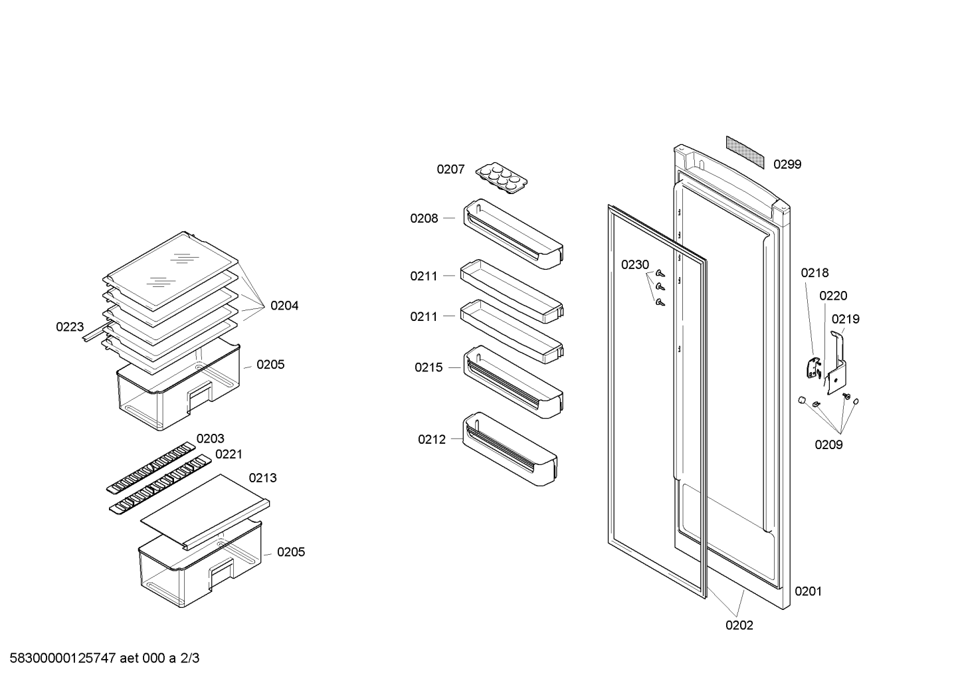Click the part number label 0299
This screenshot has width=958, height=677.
tap(787, 165)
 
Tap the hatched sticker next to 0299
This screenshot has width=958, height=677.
tap(745, 152)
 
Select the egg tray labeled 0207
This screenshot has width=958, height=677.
tap(501, 178)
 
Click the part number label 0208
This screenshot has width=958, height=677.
tap(424, 219)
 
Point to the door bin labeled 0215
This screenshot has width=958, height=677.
tap(513, 382)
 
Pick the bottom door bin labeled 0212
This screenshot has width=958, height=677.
tap(510, 449)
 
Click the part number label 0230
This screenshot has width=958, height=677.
tap(635, 265)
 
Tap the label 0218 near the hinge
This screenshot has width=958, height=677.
tap(814, 273)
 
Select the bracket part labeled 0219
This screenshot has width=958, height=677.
tap(835, 363)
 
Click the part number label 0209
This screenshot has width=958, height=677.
tap(828, 444)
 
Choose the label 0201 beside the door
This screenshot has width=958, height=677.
tap(809, 591)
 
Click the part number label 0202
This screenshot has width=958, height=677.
tap(739, 626)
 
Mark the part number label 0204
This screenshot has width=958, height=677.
tap(284, 306)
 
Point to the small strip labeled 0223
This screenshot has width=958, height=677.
tap(94, 333)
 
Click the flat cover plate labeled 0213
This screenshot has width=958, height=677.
tap(205, 512)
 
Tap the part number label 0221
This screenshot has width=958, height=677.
tap(229, 454)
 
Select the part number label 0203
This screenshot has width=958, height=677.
tap(210, 438)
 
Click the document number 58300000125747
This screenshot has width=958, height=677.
tap(62, 658)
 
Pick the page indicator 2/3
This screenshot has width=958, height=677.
tap(189, 658)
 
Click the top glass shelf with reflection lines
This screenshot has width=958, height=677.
tap(173, 270)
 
